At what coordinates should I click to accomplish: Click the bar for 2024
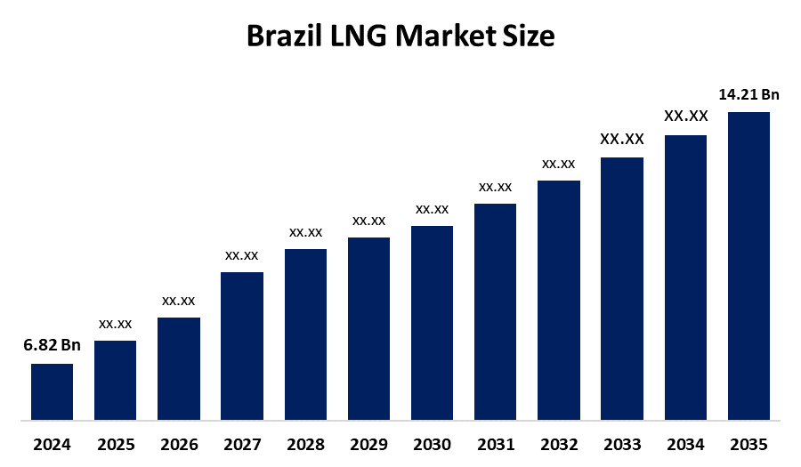(52, 391)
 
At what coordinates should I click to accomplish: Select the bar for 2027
(242, 345)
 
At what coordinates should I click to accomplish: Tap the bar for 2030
(432, 322)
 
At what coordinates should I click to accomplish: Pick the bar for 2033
(622, 288)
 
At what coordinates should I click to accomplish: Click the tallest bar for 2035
(748, 265)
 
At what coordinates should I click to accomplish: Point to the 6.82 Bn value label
(52, 346)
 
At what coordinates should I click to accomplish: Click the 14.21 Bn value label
(749, 94)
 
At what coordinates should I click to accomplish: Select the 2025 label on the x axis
(116, 444)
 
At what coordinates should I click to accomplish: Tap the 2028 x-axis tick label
(305, 444)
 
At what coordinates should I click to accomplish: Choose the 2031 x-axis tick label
(495, 444)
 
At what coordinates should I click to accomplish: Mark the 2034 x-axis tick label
(685, 444)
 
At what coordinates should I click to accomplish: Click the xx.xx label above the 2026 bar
(179, 301)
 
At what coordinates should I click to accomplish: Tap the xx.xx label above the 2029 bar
(368, 221)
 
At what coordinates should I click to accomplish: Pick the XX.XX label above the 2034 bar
(685, 116)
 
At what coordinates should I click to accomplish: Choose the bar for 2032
(559, 300)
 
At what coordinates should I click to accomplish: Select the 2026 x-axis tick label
(179, 444)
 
